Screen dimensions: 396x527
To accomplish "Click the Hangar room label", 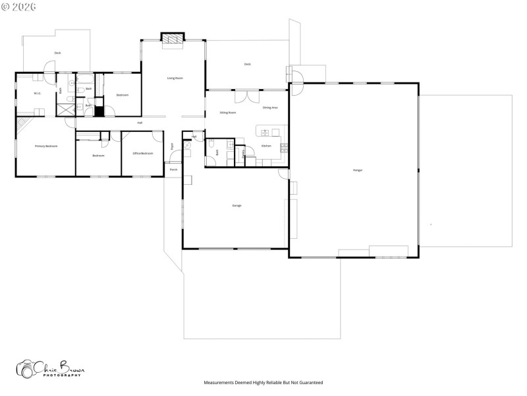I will click(x=358, y=170).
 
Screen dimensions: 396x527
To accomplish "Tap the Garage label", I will click(x=236, y=205).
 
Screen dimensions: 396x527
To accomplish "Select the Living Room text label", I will click(x=175, y=79).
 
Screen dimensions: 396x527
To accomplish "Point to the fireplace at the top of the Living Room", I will click(x=173, y=40).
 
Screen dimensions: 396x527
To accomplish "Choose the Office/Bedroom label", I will click(x=143, y=153).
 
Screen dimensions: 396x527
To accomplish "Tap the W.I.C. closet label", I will click(x=38, y=93).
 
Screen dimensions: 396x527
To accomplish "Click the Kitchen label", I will click(x=266, y=145).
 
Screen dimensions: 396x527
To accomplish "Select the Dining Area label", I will click(x=270, y=107).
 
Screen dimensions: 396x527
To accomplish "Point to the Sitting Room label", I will click(x=228, y=113).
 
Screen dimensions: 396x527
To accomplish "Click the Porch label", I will click(x=173, y=170).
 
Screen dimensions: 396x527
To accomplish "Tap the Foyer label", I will click(x=173, y=146).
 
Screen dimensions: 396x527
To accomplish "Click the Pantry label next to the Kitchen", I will click(x=244, y=152).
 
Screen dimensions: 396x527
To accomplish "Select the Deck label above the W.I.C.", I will click(x=58, y=52).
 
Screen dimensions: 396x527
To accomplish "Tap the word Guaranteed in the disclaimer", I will click(x=310, y=382).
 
